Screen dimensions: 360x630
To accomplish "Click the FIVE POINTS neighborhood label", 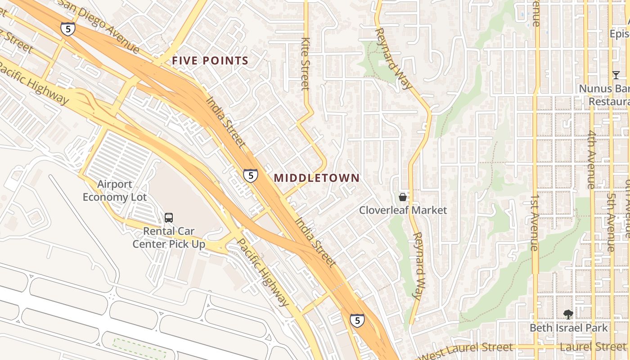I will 210,61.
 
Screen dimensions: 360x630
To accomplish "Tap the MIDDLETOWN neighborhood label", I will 317,178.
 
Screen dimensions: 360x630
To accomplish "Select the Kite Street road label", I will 305,63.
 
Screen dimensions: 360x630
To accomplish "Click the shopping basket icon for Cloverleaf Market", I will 403,197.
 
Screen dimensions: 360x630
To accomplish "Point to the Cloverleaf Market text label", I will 403,210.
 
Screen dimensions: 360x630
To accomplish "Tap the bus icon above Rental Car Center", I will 169,218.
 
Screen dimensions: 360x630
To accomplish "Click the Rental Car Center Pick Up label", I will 169,238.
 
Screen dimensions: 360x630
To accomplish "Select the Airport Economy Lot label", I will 114,191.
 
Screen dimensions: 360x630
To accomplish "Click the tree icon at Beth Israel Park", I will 568,315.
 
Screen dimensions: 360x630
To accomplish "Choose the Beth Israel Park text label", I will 568,328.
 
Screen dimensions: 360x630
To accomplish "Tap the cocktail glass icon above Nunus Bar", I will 616,75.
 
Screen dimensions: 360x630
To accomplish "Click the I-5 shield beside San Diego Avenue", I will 67,29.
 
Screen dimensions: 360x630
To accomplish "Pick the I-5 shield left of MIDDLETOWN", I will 251,175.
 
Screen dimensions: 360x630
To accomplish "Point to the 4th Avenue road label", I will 591,159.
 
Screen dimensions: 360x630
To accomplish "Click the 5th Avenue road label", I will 611,222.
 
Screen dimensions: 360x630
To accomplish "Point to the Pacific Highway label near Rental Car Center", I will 262,272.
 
